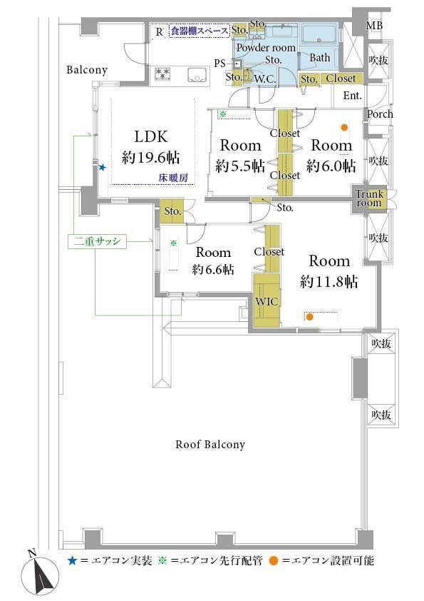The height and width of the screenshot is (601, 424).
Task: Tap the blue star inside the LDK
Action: tap(102, 168)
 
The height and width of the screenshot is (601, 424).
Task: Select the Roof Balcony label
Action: tap(210, 445)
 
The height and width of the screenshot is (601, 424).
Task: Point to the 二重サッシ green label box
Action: tap(97, 241)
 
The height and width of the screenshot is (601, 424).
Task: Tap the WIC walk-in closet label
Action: tap(267, 301)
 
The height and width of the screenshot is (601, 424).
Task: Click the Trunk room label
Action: tap(369, 198)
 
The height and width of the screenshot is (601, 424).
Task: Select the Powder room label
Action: tap(266, 48)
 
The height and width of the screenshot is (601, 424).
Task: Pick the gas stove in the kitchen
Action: tap(165, 74)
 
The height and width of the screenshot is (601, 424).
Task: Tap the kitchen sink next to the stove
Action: tap(197, 75)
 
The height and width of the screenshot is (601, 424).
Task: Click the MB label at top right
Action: tap(374, 26)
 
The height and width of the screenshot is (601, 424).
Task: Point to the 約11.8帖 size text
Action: tap(329, 282)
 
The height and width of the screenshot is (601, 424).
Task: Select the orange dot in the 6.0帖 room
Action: tap(344, 128)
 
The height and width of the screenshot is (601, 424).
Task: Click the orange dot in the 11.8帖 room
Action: tap(309, 317)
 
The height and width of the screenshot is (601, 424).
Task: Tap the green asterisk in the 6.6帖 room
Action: tap(173, 243)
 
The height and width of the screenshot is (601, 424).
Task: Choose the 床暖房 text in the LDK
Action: tap(174, 178)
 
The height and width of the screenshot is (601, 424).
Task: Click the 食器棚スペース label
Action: tap(200, 31)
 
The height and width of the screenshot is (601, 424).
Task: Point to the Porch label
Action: tap(380, 114)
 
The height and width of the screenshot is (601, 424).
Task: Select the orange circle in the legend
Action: tap(273, 561)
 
